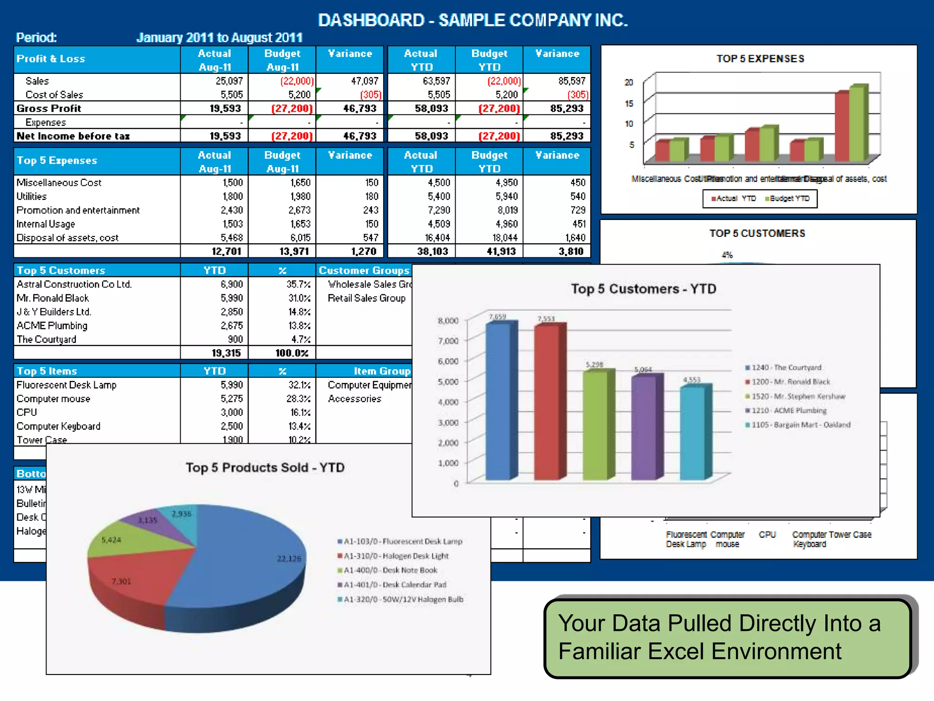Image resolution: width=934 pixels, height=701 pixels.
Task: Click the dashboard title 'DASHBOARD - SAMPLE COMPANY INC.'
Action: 472,20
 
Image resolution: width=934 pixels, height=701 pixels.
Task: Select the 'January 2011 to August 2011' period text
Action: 219,37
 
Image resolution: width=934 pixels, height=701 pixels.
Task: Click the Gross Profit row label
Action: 49,109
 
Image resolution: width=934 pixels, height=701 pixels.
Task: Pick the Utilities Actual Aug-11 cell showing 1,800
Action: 233,196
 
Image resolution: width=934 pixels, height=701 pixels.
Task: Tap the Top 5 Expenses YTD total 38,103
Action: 432,251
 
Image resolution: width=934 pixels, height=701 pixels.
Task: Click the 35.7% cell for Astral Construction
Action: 298,284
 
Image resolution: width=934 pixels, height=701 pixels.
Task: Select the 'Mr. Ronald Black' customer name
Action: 53,298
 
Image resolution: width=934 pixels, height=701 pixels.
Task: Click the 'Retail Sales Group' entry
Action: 366,298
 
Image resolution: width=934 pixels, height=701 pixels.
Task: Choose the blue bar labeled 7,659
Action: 498,402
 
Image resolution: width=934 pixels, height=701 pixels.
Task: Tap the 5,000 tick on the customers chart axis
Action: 448,382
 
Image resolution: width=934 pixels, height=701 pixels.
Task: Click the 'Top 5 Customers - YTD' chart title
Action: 643,289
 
